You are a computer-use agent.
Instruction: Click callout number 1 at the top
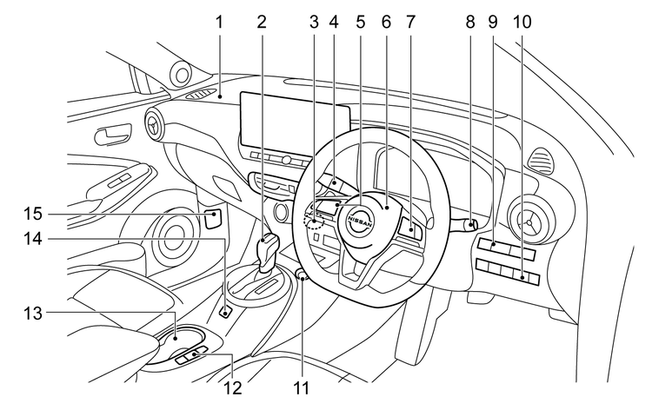(221, 19)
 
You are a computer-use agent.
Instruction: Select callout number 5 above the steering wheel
(360, 19)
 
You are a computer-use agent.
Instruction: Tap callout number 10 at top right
(523, 19)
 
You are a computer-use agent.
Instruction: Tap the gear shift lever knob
(267, 242)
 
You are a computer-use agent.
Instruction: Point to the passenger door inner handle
(112, 136)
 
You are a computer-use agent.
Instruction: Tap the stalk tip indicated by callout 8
(471, 226)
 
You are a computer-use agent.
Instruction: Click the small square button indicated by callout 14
(225, 310)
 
